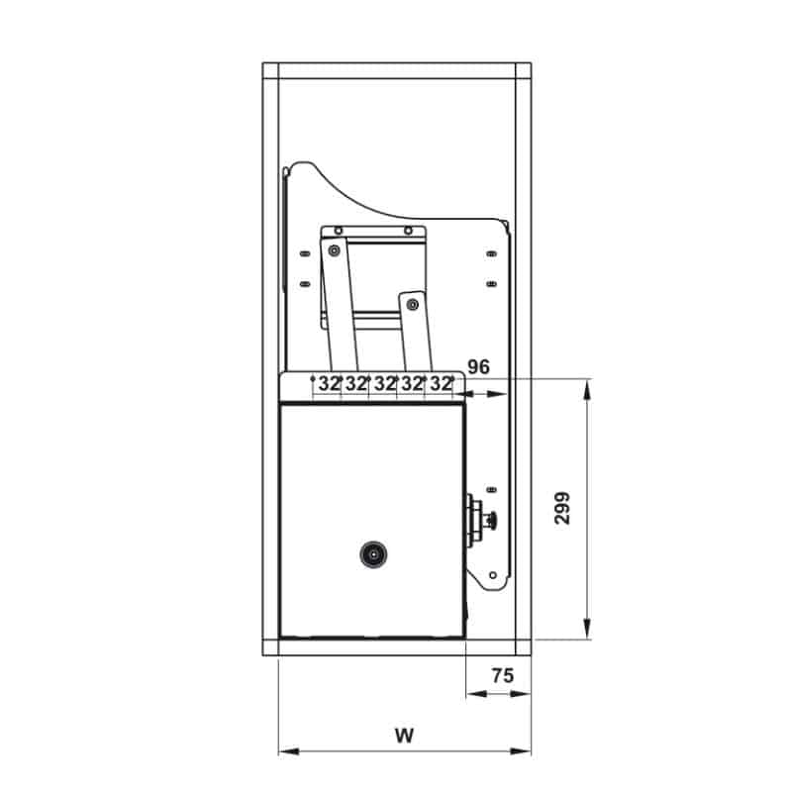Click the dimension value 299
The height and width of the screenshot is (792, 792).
562,508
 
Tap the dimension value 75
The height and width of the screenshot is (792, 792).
503,675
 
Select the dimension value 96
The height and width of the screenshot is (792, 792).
478,366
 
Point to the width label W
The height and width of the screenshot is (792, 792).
404,736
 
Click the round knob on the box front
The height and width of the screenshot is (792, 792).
373,554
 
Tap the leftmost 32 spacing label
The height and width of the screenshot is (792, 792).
329,384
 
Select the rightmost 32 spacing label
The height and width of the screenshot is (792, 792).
441,384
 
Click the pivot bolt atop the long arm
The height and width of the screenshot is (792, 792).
334,250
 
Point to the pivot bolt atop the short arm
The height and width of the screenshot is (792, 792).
413,305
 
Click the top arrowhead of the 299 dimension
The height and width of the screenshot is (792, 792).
586,390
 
